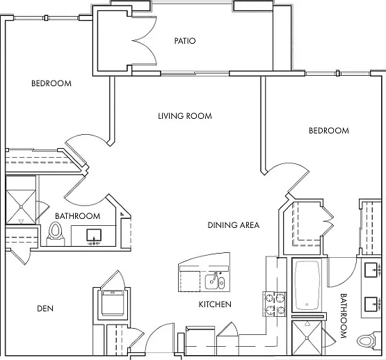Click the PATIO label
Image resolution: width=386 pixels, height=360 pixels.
(185, 41)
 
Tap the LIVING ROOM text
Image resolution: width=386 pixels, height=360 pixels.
(185, 116)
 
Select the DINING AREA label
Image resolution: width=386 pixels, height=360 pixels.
(234, 225)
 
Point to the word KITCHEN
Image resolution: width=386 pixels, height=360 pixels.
(215, 304)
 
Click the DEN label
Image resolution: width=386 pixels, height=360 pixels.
(45, 309)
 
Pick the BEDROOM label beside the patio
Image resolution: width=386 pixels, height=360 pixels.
(51, 83)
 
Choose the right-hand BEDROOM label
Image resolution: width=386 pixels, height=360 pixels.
(329, 131)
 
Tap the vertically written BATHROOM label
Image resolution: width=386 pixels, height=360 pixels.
(344, 316)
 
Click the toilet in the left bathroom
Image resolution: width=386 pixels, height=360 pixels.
(55, 234)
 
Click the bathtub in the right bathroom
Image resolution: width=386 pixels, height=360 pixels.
(307, 285)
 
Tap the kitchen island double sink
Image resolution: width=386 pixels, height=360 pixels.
(215, 281)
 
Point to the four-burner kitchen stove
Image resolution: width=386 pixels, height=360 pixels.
(274, 304)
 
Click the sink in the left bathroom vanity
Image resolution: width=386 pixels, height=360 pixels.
(94, 236)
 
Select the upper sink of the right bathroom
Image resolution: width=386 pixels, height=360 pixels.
(371, 270)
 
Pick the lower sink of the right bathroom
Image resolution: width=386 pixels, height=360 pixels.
(371, 304)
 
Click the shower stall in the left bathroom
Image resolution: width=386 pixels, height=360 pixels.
(21, 206)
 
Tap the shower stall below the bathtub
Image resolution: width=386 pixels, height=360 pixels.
(307, 338)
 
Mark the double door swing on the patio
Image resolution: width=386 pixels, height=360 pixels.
(145, 40)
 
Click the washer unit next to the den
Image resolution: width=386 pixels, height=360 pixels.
(112, 303)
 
